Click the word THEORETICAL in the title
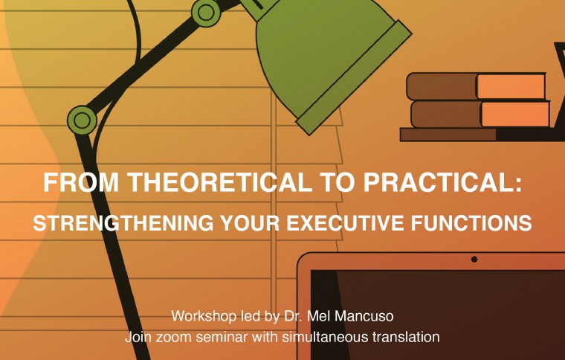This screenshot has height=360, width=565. (x=221, y=183)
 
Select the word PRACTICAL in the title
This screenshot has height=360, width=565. (x=442, y=183)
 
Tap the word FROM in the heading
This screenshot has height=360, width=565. (x=81, y=183)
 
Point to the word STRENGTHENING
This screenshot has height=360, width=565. (x=123, y=222)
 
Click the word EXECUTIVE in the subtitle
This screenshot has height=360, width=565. (x=345, y=222)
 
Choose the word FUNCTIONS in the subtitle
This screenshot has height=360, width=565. (x=471, y=222)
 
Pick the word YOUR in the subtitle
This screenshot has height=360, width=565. (x=250, y=222)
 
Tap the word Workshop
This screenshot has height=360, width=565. (x=204, y=316)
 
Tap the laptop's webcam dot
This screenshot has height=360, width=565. (x=474, y=259)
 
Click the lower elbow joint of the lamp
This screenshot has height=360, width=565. (x=83, y=120)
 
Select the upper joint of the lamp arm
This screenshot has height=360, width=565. (x=206, y=13)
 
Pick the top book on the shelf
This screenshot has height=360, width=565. (x=477, y=86)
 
